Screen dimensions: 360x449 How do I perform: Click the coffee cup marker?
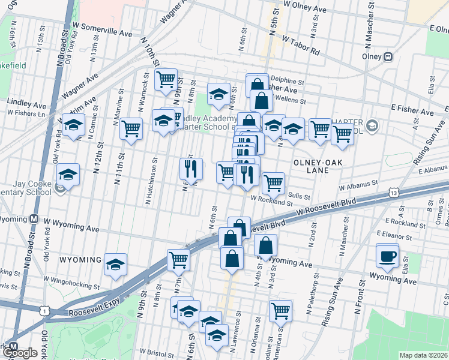[x=387, y=256]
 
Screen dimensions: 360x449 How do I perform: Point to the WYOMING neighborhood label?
[x=80, y=259]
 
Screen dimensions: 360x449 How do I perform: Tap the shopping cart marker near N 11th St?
[x=131, y=128]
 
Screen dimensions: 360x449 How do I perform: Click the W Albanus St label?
[x=358, y=185]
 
